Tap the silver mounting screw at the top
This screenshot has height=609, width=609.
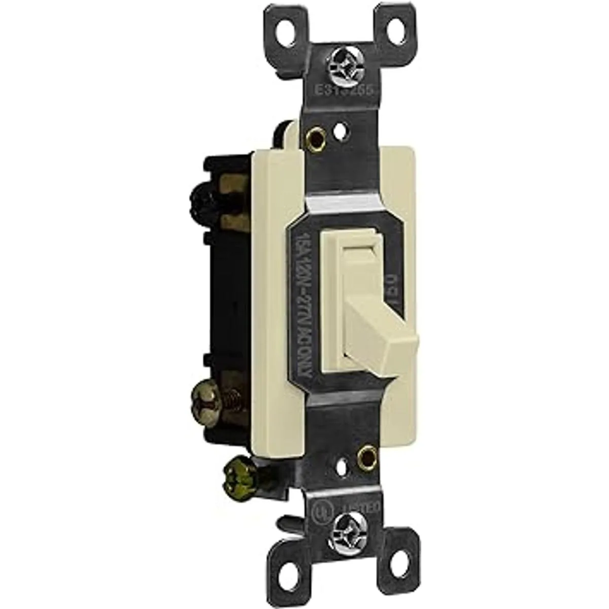click(337, 65)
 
